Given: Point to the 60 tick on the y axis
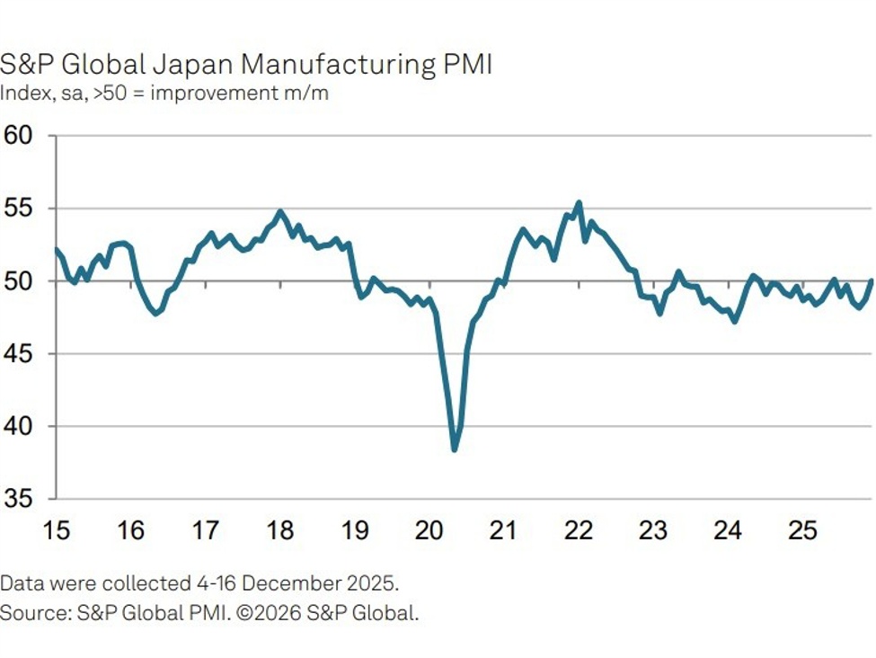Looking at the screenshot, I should [x=17, y=136].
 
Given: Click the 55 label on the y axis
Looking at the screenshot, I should [x=17, y=209].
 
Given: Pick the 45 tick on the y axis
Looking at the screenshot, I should [x=17, y=353].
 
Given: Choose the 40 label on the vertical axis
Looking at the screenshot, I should [x=17, y=426].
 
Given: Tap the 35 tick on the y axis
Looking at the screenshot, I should [x=17, y=499].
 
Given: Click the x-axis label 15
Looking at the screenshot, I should [x=56, y=531].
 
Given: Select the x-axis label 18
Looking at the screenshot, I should [x=280, y=531].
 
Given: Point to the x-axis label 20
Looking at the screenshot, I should [x=429, y=531].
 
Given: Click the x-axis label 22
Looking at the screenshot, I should [x=579, y=531].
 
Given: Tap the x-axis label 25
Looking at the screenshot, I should [x=802, y=531].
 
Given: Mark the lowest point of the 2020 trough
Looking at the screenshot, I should [x=455, y=449].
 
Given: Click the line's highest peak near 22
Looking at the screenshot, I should [x=579, y=202].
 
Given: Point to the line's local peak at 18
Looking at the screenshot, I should [x=279, y=212].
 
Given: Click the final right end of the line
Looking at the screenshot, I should [x=872, y=280].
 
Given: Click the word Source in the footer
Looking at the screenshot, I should [x=28, y=614].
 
